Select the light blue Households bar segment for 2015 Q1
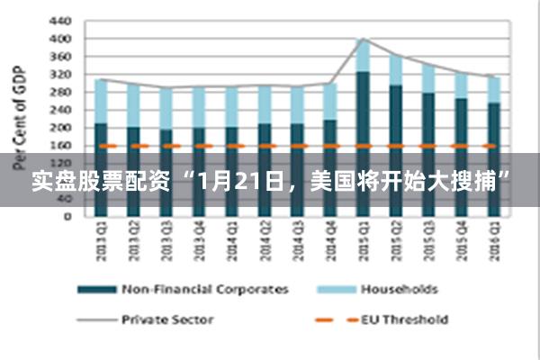click(363, 55)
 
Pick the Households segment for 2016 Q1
click(493, 89)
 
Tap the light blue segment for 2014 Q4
click(330, 102)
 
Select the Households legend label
click(400, 290)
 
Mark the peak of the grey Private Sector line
click(363, 39)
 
